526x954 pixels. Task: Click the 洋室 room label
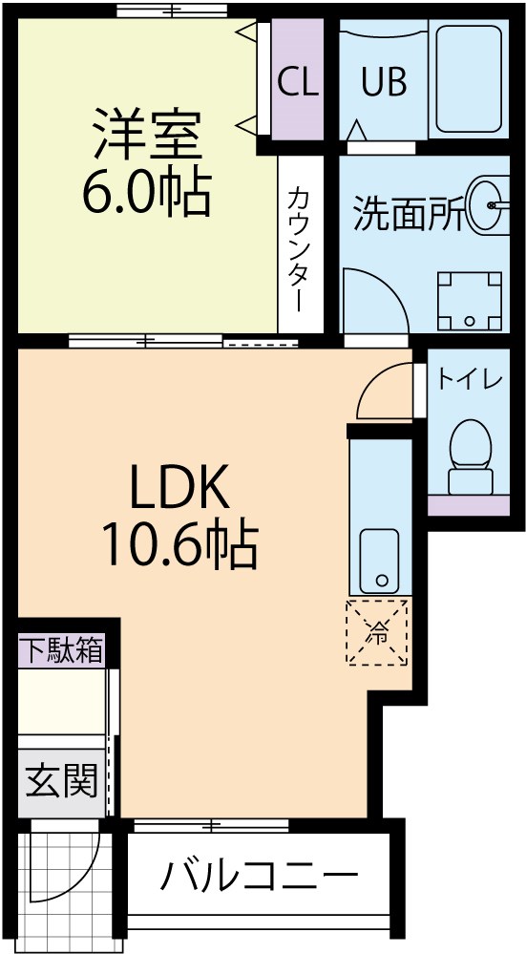[x=146, y=136]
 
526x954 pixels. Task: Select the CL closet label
[x=297, y=83]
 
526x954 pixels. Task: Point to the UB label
[x=384, y=83]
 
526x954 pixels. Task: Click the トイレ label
[x=470, y=379]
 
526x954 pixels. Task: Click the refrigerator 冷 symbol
[x=378, y=631]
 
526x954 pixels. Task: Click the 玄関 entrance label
[x=61, y=782]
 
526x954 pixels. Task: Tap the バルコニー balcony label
[x=259, y=875]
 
